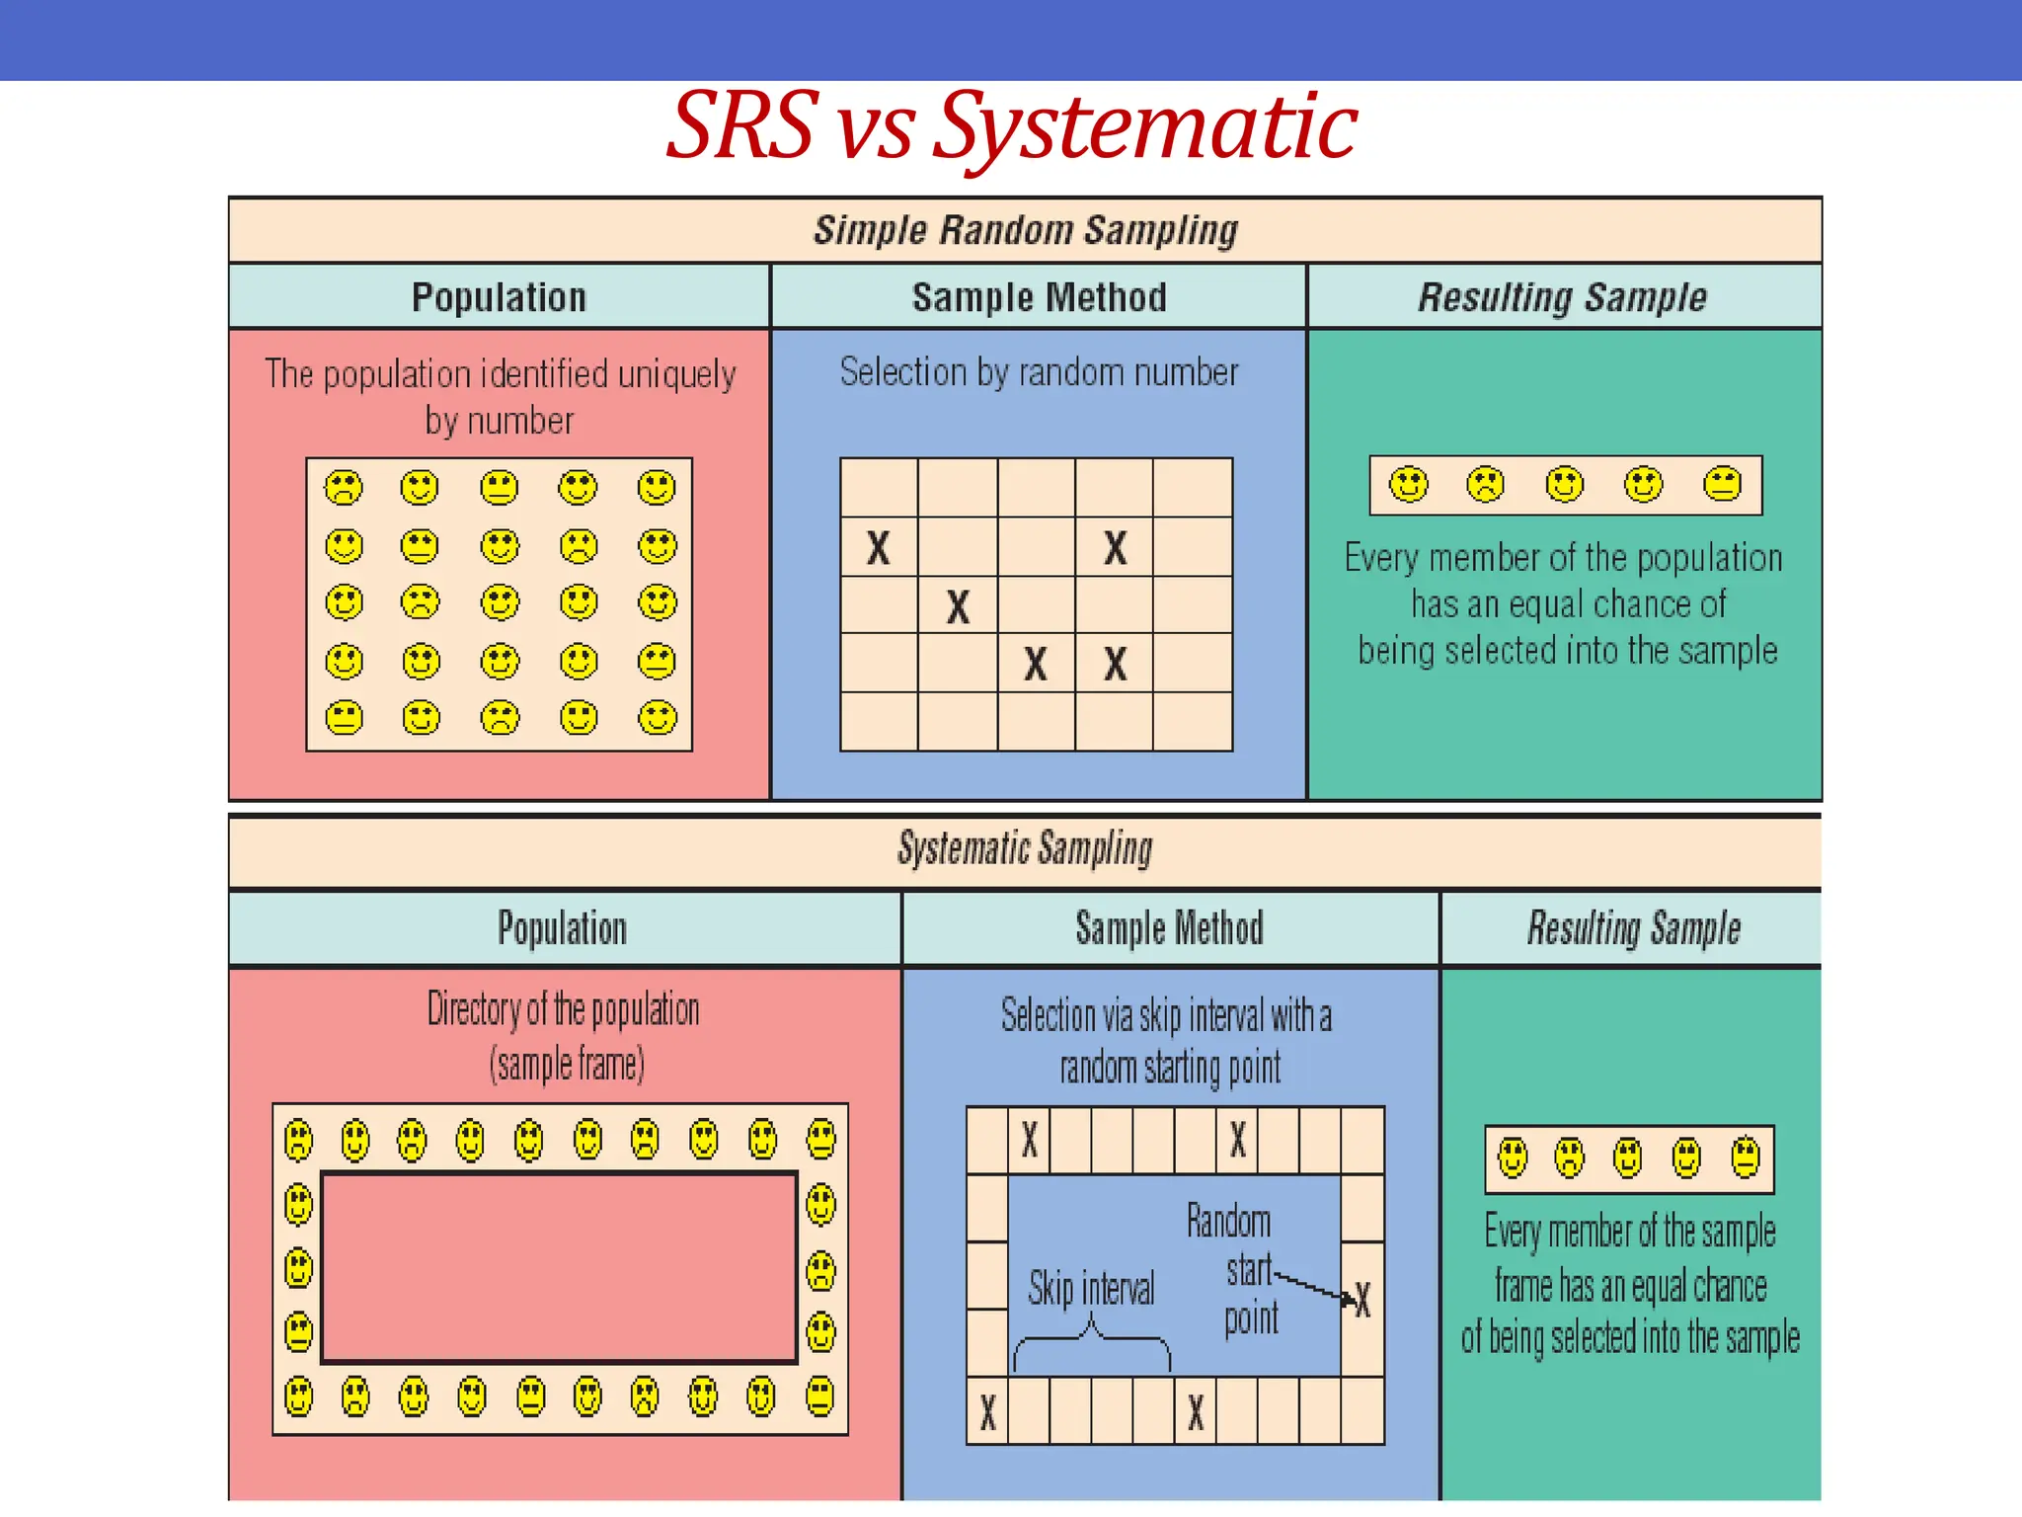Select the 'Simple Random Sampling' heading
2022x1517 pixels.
click(x=1025, y=230)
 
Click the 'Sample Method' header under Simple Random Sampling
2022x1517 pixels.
click(x=1039, y=297)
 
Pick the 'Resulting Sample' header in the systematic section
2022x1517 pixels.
click(x=1633, y=928)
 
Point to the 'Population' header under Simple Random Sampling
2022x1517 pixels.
click(x=499, y=297)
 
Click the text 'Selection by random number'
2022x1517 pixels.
click(x=1039, y=372)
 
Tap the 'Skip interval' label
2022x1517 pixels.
click(x=1091, y=1289)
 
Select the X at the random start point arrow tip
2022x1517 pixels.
click(x=1362, y=1301)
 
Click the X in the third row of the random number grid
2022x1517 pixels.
click(x=958, y=606)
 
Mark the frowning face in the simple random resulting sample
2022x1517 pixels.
click(x=1486, y=485)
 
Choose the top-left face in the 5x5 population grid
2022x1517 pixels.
click(x=344, y=487)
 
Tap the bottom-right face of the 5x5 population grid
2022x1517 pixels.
click(x=657, y=718)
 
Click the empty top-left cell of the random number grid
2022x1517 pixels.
click(x=879, y=487)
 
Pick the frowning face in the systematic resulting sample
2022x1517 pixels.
click(x=1569, y=1158)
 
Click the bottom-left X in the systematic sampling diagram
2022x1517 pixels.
click(x=987, y=1412)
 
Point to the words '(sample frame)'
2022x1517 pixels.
click(x=567, y=1065)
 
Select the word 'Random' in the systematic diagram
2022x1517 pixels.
click(x=1228, y=1222)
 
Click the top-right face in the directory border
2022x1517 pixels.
click(x=820, y=1139)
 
